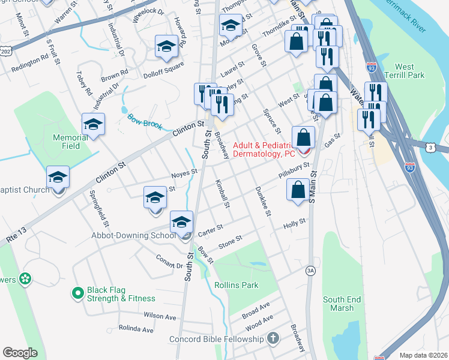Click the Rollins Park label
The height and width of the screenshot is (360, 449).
pyautogui.click(x=237, y=285)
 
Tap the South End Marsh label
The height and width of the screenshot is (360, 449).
pyautogui.click(x=342, y=304)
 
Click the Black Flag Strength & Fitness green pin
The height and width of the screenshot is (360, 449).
pyautogui.click(x=77, y=293)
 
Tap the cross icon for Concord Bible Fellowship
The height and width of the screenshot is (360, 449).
pyautogui.click(x=273, y=339)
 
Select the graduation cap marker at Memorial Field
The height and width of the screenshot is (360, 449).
pyautogui.click(x=93, y=124)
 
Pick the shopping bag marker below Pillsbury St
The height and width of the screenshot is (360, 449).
pyautogui.click(x=298, y=190)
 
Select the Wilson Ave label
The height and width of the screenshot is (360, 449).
pyautogui.click(x=160, y=316)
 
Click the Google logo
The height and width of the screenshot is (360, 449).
pyautogui.click(x=20, y=353)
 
